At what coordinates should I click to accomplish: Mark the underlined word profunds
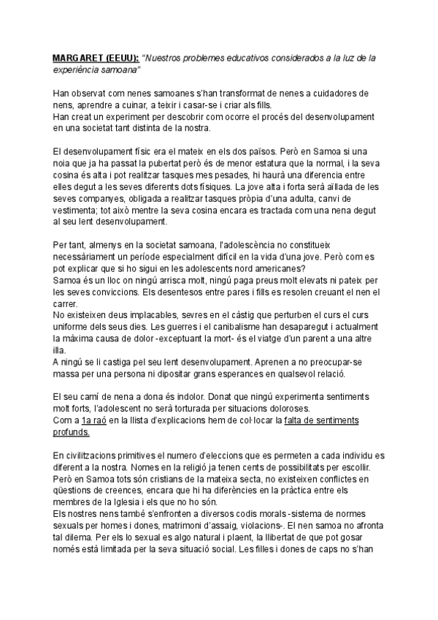pos(72,431)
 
